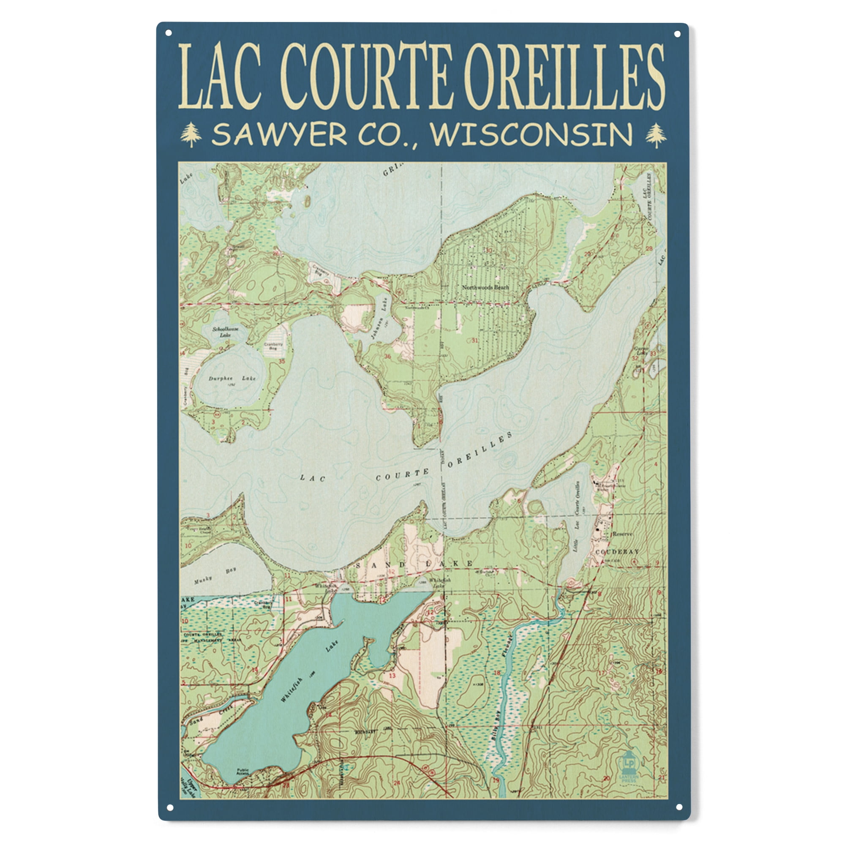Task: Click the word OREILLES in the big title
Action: click(564, 76)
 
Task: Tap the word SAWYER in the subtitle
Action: click(279, 135)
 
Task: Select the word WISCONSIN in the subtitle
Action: click(532, 135)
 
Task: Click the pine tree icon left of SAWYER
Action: click(191, 135)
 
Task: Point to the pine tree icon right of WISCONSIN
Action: click(656, 135)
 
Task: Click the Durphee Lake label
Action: click(226, 378)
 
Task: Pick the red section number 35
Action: click(282, 361)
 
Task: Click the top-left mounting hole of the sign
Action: click(169, 33)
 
